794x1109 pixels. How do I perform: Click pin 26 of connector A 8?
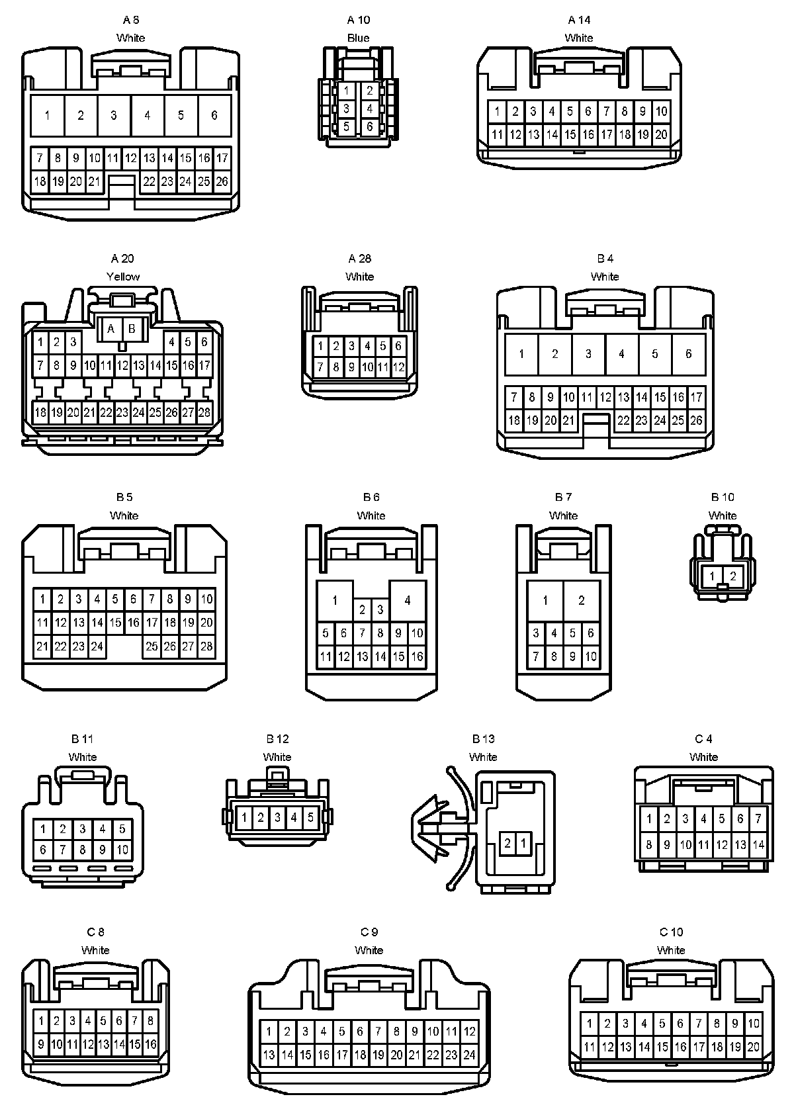[x=222, y=181]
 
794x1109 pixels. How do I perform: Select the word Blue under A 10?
[x=358, y=38]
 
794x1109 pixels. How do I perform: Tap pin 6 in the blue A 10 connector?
[x=369, y=126]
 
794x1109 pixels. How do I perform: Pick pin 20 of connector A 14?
[x=661, y=135]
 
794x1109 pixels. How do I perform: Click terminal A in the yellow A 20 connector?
[x=111, y=328]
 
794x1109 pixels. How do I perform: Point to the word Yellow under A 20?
[x=123, y=277]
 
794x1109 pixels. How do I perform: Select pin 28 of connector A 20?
[x=204, y=412]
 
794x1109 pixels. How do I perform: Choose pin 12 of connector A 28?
[x=398, y=367]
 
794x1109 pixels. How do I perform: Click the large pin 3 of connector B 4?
[x=588, y=354]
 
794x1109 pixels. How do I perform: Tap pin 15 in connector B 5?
[x=115, y=622]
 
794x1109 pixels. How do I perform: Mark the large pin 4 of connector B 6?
[x=407, y=600]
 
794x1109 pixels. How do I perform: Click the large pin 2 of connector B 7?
[x=582, y=600]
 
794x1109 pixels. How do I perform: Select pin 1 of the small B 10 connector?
[x=712, y=576]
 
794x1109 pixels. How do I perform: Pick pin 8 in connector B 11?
[x=83, y=850]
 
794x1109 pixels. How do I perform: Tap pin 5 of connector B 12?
[x=310, y=817]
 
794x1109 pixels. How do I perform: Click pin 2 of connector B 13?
[x=507, y=843]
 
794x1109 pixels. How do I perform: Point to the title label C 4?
[x=703, y=738]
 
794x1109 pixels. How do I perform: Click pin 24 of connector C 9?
[x=469, y=1055]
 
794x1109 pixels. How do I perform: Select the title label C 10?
[x=671, y=932]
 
